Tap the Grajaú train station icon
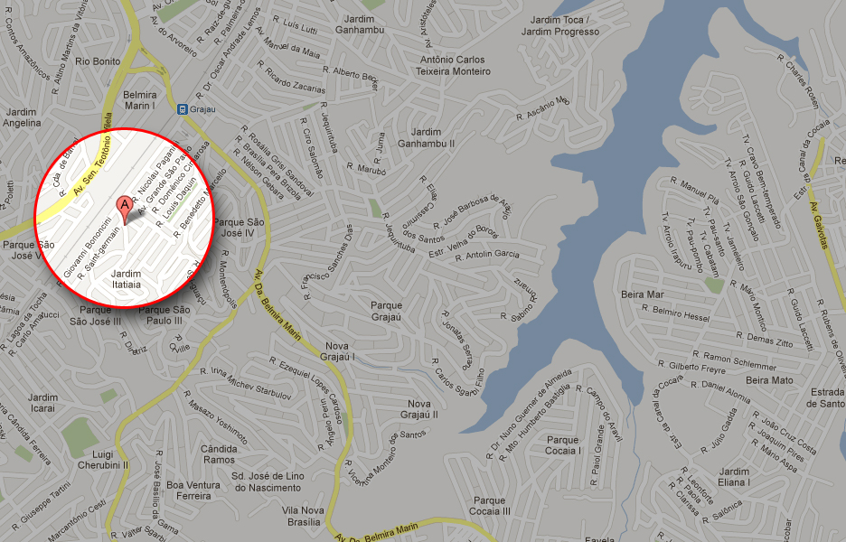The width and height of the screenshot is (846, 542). [183, 108]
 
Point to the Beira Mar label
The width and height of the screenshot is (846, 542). [643, 294]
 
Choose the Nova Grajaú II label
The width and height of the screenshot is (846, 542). [422, 409]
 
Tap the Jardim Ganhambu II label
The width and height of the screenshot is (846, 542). [426, 138]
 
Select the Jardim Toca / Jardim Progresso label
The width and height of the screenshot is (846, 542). [565, 25]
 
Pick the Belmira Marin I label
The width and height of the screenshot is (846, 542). [140, 100]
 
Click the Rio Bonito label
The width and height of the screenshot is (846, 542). [98, 61]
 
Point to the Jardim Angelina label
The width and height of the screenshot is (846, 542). [22, 117]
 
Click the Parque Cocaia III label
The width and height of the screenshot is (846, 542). [491, 506]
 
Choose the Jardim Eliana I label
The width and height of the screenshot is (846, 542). [734, 477]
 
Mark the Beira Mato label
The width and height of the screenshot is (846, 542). [769, 380]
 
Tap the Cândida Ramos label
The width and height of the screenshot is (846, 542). [219, 454]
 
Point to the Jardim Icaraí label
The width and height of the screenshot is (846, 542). [42, 403]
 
